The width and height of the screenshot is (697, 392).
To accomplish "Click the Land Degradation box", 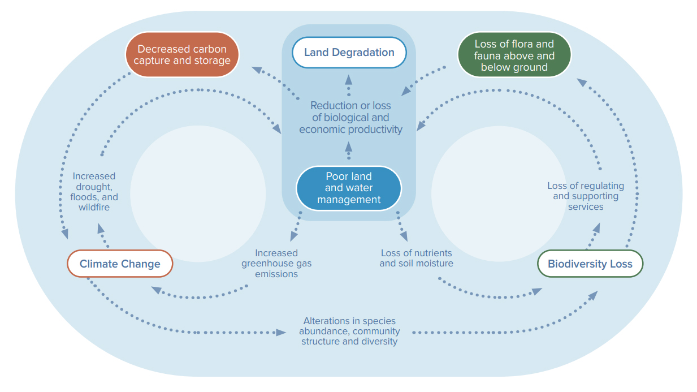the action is [x=349, y=52].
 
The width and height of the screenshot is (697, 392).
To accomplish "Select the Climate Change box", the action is [x=120, y=264].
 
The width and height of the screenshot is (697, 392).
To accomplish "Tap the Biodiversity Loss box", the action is [x=590, y=264].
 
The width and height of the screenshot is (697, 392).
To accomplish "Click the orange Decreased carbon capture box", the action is [x=182, y=54].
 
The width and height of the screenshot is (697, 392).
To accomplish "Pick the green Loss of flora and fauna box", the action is [x=514, y=55].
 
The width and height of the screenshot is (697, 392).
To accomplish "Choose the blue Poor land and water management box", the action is [x=349, y=188].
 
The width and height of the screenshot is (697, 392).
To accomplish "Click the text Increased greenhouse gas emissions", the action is [x=276, y=264].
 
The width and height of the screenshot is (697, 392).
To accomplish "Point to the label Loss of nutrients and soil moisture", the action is [x=416, y=258].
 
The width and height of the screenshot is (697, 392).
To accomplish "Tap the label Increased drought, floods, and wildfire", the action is [x=94, y=192].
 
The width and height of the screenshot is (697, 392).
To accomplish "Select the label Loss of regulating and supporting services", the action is [x=586, y=196].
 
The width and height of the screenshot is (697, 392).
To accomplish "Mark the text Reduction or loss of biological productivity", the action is [x=350, y=118].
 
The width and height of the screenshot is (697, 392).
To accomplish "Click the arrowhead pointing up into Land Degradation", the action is [x=348, y=80].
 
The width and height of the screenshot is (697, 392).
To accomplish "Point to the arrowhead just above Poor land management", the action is [x=348, y=147].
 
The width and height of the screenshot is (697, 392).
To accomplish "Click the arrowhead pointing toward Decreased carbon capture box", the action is [x=257, y=70].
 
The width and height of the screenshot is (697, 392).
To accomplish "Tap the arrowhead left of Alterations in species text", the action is [x=281, y=333].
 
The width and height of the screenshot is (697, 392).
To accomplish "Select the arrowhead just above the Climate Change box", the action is [x=100, y=229].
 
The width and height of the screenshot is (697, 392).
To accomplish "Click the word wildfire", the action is [x=94, y=208].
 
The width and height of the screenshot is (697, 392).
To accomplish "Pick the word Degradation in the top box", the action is [x=363, y=53].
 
